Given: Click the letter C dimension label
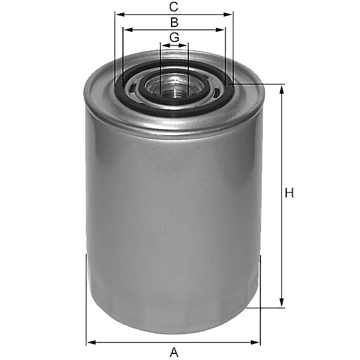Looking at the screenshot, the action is click(x=173, y=7).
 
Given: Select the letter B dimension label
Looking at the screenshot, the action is click(x=174, y=23).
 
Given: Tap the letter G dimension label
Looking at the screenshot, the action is click(x=174, y=37).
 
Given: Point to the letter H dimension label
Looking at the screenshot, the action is click(x=289, y=193).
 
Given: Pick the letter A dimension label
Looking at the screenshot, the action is click(x=174, y=352).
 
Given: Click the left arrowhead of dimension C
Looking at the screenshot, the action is click(x=121, y=14).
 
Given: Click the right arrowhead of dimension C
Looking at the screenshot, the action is click(x=227, y=14).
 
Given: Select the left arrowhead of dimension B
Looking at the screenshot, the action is click(x=128, y=30).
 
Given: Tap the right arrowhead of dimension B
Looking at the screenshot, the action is click(x=220, y=30).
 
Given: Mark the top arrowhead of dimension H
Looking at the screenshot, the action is click(x=282, y=89).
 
